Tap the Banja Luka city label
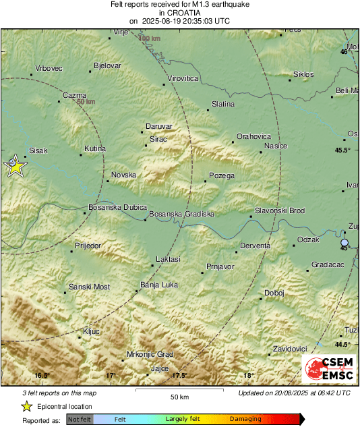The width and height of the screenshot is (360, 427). click(159, 285)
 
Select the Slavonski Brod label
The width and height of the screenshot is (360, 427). click(280, 211)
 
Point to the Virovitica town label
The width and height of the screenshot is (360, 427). click(183, 79)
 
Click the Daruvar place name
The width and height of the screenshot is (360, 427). click(160, 126)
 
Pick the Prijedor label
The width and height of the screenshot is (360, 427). click(88, 246)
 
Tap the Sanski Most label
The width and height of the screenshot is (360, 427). click(90, 287)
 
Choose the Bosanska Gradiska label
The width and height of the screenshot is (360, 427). click(181, 214)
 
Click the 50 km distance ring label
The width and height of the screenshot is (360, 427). click(86, 102)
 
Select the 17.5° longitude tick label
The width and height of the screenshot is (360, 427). click(179, 375)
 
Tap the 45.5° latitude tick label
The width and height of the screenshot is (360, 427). click(343, 150)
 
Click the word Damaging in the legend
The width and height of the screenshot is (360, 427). click(245, 419)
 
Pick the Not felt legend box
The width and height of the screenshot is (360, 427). click(80, 419)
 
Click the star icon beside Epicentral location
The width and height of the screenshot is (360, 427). click(26, 406)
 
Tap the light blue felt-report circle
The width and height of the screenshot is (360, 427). click(345, 242)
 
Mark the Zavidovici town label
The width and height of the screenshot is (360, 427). click(291, 349)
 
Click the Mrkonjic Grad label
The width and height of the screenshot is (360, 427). click(151, 354)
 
